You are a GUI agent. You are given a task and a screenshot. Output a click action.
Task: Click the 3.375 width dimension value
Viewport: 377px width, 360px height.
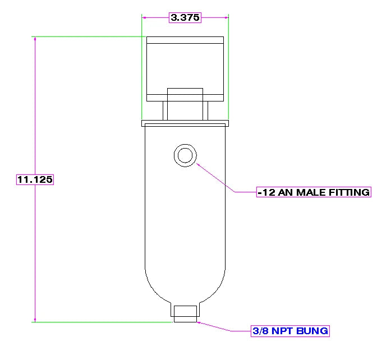[x=185, y=17]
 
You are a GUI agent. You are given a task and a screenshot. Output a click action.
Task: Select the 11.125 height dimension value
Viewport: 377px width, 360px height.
[x=35, y=179]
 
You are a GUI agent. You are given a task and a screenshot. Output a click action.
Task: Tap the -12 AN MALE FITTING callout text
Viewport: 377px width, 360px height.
[x=314, y=192]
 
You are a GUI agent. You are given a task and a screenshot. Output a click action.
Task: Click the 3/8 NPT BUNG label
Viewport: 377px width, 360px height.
[x=290, y=331]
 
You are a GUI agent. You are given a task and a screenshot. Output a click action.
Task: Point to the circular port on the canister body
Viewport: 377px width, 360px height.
[x=185, y=145]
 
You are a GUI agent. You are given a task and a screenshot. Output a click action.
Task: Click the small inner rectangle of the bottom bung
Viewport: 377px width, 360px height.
[x=185, y=314]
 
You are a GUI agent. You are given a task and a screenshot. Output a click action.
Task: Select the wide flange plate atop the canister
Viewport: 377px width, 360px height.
[x=185, y=123]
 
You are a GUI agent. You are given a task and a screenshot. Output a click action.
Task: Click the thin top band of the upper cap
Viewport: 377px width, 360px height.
[x=185, y=40]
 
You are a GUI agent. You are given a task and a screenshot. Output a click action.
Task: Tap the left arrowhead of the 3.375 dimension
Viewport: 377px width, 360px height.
[x=144, y=17]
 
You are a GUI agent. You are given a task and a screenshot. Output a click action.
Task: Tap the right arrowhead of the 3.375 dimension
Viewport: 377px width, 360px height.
[x=227, y=17]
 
